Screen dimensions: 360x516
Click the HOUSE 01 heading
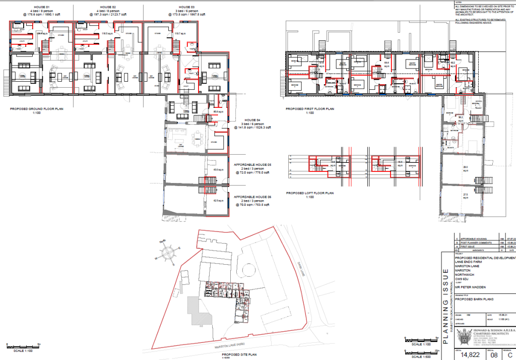pyautogui.click(x=41, y=7)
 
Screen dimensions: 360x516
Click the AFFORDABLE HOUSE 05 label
pyautogui.click(x=252, y=165)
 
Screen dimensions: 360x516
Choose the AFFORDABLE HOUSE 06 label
pyautogui.click(x=252, y=197)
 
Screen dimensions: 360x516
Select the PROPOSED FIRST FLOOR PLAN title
pyautogui.click(x=309, y=108)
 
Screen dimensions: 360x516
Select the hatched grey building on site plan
pyautogui.click(x=196, y=310)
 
